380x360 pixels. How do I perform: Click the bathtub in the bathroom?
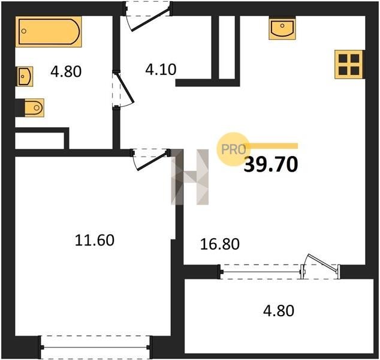click(x=49, y=31)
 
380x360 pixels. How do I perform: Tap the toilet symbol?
click(x=34, y=107)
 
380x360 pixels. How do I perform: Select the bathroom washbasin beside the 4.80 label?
click(x=25, y=76)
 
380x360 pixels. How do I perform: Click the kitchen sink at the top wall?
click(x=282, y=28)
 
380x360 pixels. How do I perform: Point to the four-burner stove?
click(x=349, y=64)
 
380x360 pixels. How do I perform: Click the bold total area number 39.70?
click(x=271, y=164)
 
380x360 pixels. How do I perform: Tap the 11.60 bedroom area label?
click(x=95, y=240)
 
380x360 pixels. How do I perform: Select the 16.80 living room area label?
click(x=220, y=244)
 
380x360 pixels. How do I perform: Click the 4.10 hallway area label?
click(x=161, y=70)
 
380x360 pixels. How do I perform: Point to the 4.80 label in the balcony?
click(x=279, y=311)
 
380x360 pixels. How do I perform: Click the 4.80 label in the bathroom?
click(x=66, y=72)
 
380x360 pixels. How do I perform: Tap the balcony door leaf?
click(x=323, y=263)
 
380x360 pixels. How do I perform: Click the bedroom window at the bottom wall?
click(x=95, y=347)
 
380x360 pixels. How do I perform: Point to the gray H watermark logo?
click(x=190, y=177)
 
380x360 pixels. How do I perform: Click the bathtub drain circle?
click(x=24, y=31)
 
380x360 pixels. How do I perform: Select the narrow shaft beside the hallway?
click(x=227, y=47)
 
